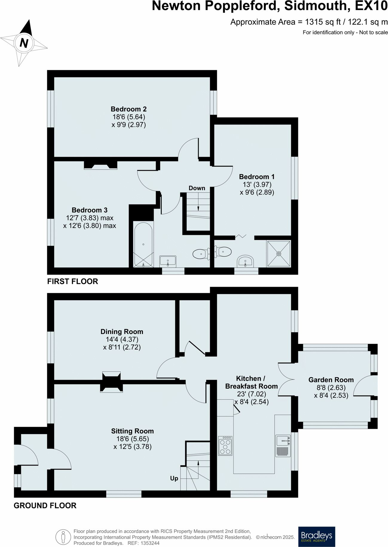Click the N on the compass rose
tap(24, 43)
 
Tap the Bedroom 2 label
tap(129, 109)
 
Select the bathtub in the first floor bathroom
tap(143, 244)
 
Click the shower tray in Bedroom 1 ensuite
tap(279, 254)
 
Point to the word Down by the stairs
tap(197, 188)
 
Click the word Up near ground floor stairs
tap(174, 478)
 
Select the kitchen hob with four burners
tap(225, 446)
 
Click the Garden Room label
tap(331, 380)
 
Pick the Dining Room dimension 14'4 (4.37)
tap(122, 339)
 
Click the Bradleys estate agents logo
tap(317, 537)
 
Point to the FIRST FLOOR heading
tap(73, 281)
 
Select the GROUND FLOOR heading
tap(45, 505)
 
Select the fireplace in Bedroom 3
tap(100, 165)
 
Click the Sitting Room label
tap(132, 431)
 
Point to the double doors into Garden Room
tap(286, 379)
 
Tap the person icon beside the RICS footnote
tap(63, 537)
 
